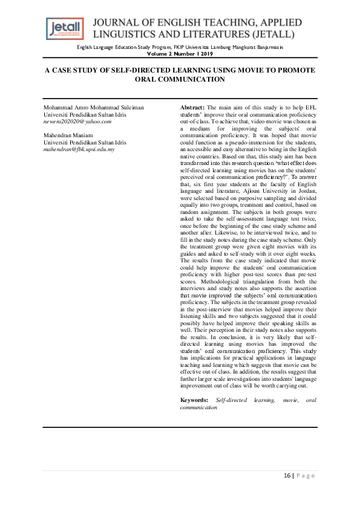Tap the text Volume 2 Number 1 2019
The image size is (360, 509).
[x=180, y=53]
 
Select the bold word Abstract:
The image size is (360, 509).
[x=194, y=107]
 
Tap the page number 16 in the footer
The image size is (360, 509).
[x=288, y=476]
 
